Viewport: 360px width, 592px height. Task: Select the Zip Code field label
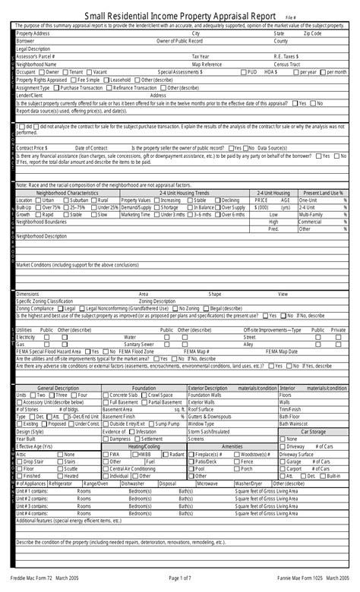(312, 33)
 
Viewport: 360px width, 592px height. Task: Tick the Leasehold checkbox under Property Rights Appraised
(106, 79)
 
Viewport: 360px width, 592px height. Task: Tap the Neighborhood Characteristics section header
(67, 194)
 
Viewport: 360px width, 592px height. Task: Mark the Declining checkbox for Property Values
(217, 200)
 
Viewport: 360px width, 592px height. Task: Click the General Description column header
(58, 388)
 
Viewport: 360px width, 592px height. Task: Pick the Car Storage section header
(313, 431)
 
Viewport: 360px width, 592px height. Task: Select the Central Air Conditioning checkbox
(106, 468)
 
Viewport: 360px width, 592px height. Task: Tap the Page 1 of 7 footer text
(180, 579)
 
